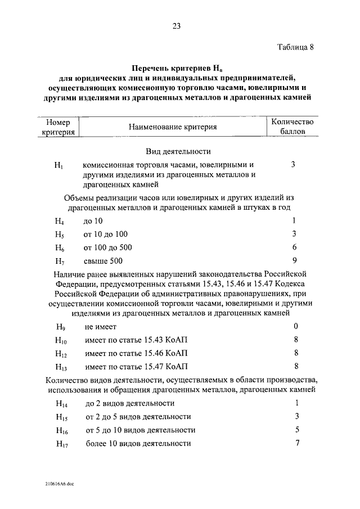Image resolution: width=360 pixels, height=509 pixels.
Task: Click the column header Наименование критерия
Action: [173, 127]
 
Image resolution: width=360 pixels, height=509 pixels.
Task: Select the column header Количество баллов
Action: [292, 127]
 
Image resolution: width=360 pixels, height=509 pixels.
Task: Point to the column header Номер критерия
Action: [58, 127]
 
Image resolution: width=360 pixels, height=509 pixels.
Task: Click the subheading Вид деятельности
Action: [178, 151]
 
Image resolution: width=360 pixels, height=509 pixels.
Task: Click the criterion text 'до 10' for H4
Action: [93, 222]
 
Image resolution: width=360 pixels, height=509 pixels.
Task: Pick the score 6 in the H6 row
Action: [294, 247]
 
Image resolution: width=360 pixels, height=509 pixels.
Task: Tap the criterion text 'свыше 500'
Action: [103, 261]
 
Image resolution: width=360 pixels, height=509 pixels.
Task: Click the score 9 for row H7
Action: [294, 260]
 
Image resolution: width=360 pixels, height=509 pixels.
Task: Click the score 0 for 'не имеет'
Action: [295, 327]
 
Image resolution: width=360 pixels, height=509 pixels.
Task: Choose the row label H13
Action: [61, 367]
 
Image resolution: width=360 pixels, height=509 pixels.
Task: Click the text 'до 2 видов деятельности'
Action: [130, 404]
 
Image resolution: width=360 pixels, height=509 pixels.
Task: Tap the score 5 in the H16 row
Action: [296, 430]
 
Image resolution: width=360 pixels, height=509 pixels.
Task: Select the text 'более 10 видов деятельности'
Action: [138, 444]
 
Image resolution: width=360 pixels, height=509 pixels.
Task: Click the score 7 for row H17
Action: [296, 443]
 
